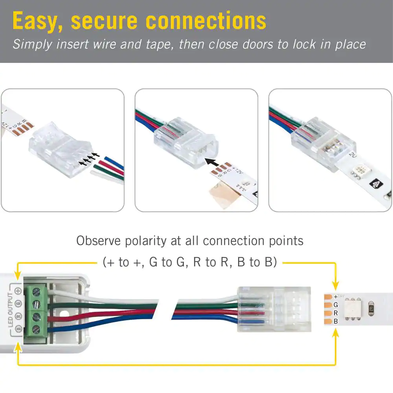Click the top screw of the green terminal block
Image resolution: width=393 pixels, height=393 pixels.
[36, 292]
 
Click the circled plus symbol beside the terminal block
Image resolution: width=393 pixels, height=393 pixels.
[18, 291]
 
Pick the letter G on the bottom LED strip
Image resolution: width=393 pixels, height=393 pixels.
[335, 305]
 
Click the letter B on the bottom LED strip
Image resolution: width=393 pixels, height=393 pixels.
[335, 321]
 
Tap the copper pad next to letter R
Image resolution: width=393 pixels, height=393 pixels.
[327, 313]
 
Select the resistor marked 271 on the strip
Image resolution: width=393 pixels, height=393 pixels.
[371, 309]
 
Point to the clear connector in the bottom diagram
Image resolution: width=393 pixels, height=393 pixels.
[274, 309]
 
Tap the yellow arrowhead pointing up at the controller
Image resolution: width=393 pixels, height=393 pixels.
[18, 346]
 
